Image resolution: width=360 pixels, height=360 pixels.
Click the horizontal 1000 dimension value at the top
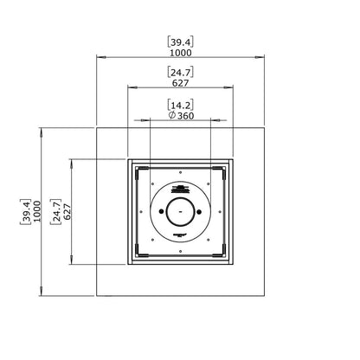click(181, 53)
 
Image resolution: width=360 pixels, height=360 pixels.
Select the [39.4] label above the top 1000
click(181, 42)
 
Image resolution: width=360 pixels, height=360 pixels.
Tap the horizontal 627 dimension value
click(181, 83)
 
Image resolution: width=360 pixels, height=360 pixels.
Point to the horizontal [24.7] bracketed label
click(181, 72)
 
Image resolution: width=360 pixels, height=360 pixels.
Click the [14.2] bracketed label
click(181, 105)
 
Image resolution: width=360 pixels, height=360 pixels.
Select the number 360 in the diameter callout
click(185, 116)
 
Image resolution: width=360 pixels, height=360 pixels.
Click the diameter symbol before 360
click(172, 115)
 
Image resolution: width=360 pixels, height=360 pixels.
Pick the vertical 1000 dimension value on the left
click(37, 211)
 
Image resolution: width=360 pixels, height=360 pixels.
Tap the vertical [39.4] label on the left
click(26, 211)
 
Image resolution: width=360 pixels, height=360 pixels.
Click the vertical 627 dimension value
click(67, 212)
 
